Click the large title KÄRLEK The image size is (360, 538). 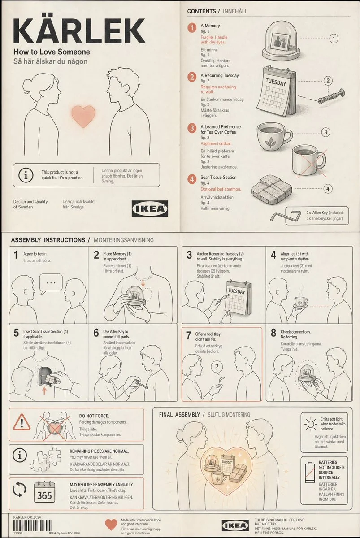[79, 31]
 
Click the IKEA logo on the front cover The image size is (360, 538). [150, 208]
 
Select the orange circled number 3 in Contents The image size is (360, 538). [192, 128]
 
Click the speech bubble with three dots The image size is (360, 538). [51, 283]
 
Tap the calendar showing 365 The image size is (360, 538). [44, 493]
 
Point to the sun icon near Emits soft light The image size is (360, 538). [311, 424]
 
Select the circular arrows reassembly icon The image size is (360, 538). [20, 490]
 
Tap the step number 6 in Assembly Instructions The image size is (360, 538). [96, 333]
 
